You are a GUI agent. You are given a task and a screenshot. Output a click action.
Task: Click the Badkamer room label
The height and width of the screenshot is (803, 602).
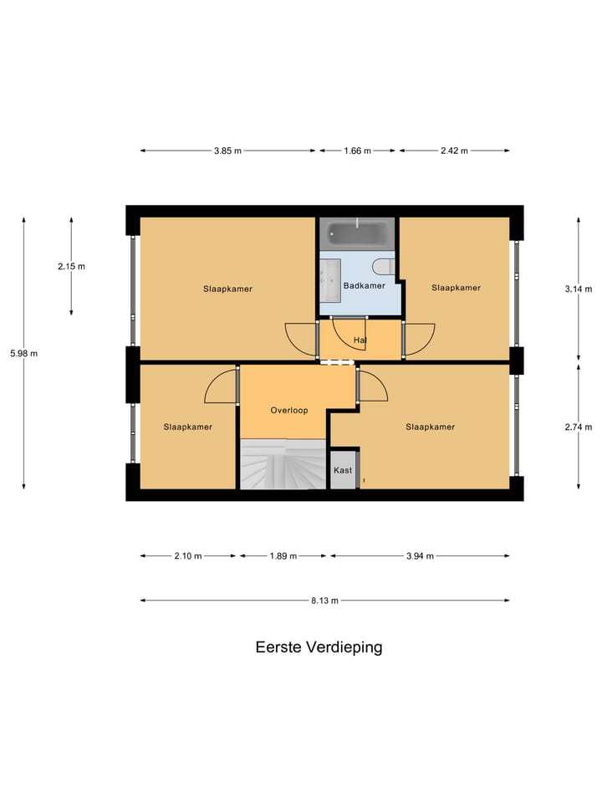click(365, 286)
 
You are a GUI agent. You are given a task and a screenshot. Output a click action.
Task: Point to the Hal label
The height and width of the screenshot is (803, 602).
click(360, 340)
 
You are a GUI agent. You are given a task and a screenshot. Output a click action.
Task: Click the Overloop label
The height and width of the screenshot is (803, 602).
click(289, 411)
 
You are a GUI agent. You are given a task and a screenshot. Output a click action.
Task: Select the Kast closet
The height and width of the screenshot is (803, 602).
click(344, 470)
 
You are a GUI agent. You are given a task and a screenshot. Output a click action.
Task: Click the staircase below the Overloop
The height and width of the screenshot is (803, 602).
click(282, 465)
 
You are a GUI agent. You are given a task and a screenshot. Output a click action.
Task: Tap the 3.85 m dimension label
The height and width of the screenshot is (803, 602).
click(227, 151)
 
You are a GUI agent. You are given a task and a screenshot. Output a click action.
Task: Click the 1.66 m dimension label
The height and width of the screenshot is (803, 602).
click(357, 151)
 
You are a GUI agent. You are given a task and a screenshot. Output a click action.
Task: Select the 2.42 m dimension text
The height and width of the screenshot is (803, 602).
click(454, 151)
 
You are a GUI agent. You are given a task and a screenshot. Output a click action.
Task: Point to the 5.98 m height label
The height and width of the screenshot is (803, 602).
click(23, 354)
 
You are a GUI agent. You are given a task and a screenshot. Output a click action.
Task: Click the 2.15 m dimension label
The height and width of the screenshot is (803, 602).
click(71, 266)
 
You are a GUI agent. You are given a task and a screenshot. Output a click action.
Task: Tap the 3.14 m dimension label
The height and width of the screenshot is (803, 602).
click(578, 289)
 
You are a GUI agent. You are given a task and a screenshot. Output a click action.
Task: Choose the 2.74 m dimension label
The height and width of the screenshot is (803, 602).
click(578, 427)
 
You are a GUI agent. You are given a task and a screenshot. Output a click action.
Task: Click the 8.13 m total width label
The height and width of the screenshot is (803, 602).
click(324, 600)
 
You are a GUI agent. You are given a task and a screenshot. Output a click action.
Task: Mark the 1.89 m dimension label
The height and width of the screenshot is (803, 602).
click(283, 555)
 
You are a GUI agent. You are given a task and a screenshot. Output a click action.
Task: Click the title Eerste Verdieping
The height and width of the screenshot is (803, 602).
click(319, 647)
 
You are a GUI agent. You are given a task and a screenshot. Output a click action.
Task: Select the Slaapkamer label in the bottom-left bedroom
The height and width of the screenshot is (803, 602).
click(188, 427)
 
